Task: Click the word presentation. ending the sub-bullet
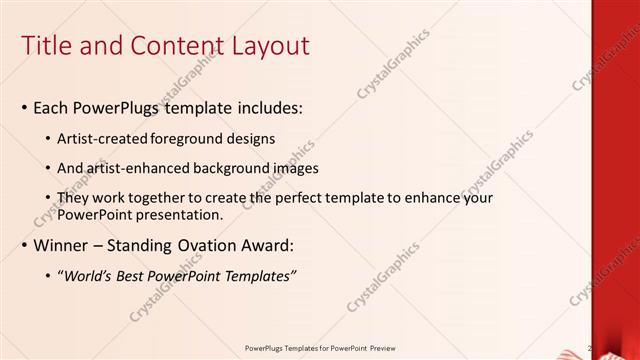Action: [182, 214]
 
